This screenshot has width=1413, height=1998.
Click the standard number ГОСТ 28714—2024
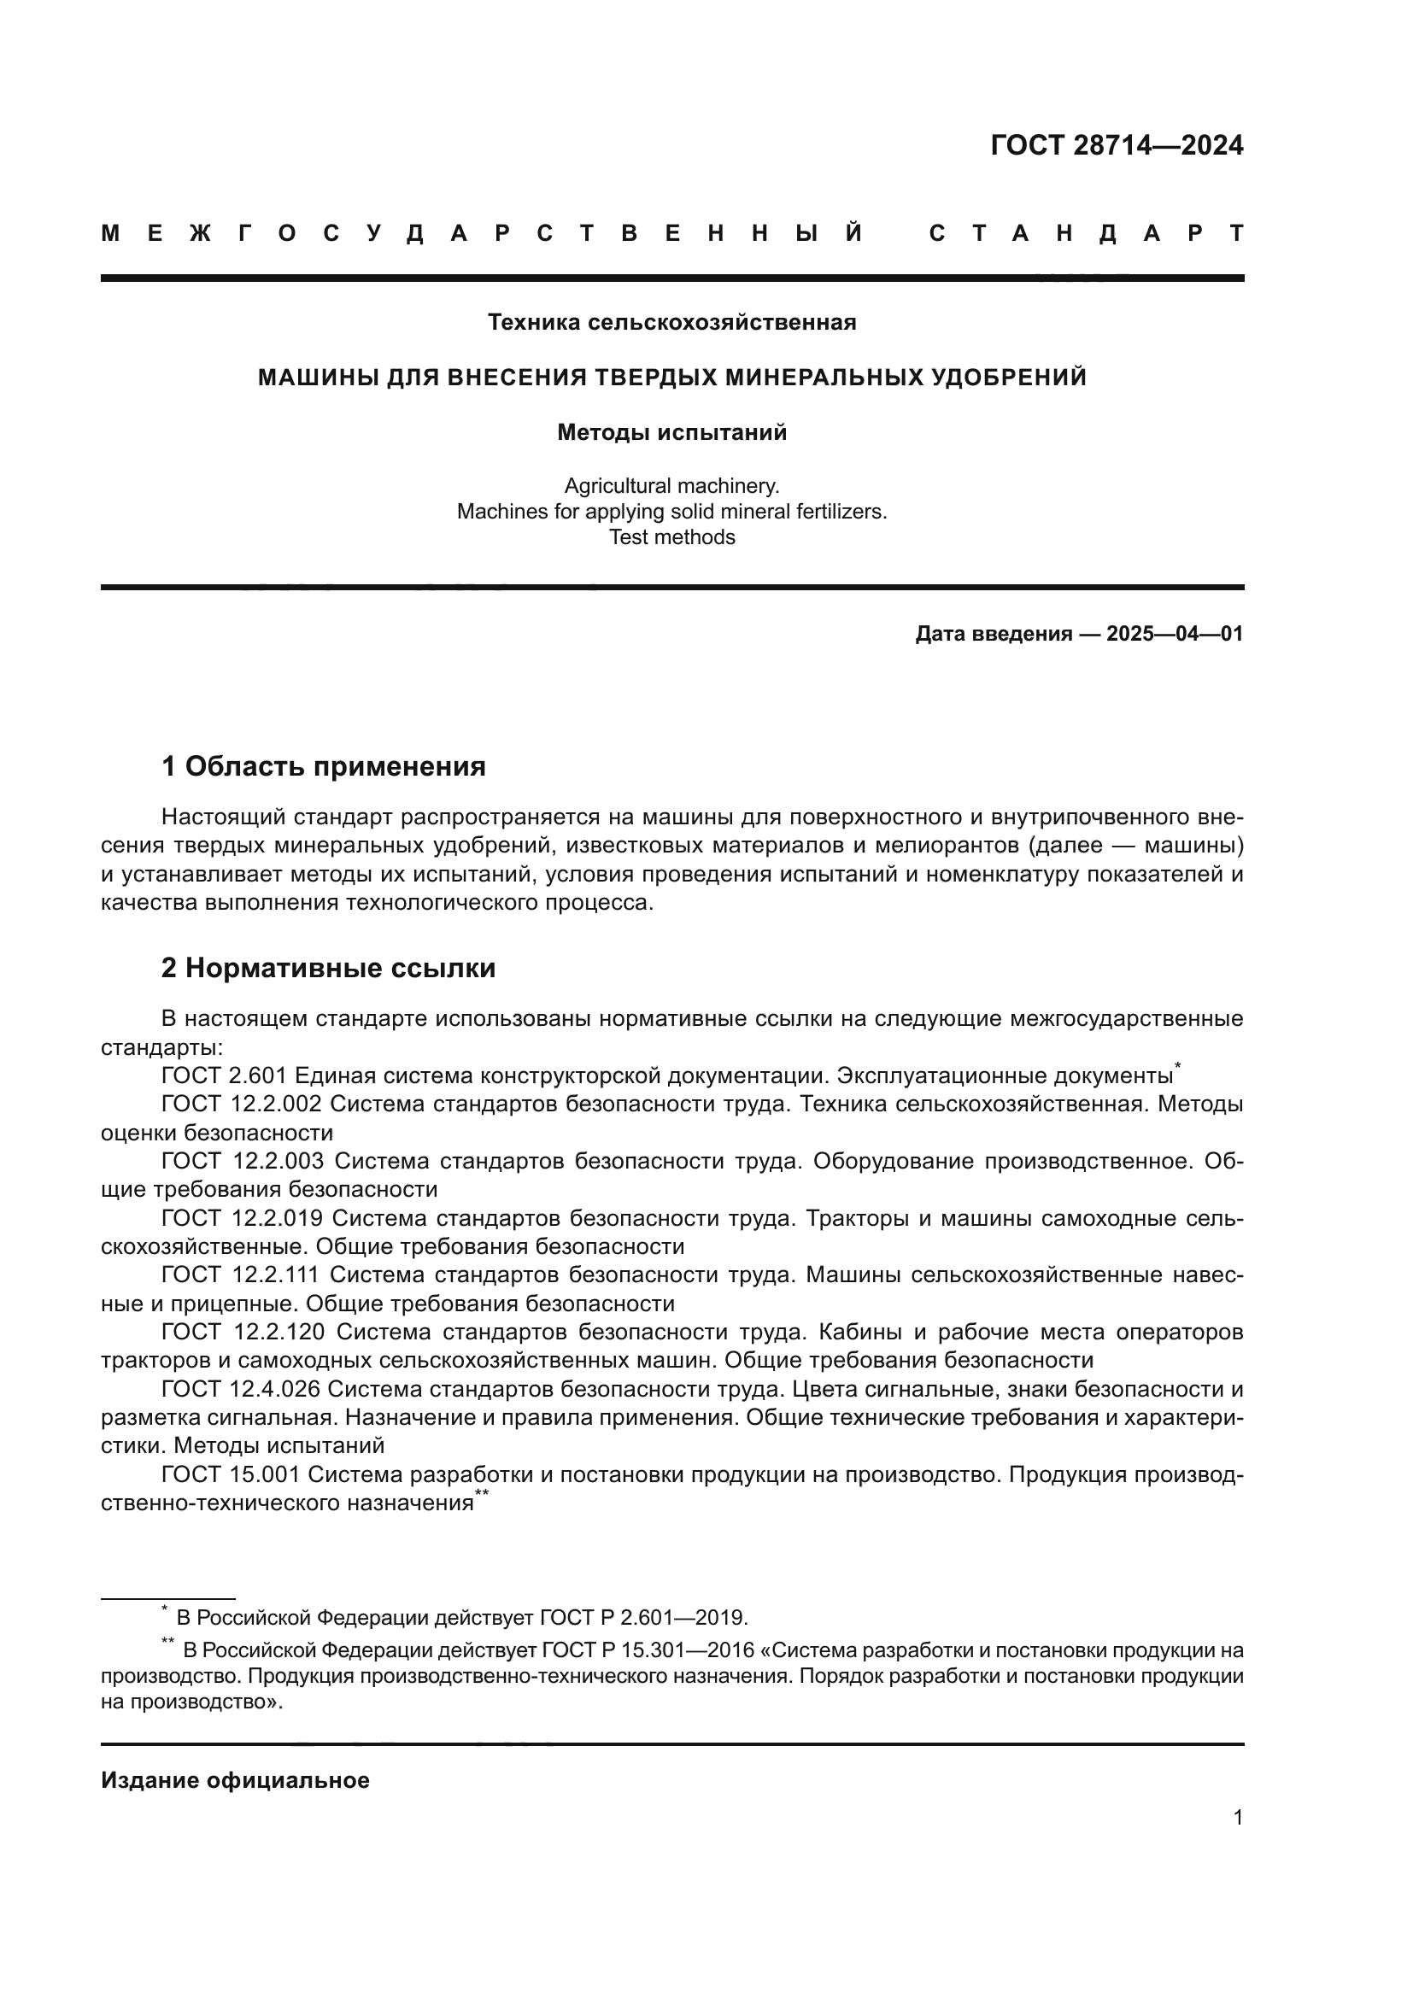1117,145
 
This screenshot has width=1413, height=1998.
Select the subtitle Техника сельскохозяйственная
671,323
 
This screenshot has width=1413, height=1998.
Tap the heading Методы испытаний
671,432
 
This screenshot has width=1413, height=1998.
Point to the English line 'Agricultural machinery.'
671,485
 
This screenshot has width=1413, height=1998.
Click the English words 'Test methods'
671,537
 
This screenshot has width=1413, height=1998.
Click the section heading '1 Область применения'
323,766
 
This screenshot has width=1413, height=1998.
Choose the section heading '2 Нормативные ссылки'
328,968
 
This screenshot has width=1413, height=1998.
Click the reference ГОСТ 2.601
225,1075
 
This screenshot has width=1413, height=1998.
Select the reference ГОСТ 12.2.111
241,1274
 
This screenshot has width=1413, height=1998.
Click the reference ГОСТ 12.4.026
241,1389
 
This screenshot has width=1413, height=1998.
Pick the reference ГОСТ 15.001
231,1475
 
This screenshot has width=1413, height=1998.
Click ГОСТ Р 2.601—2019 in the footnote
642,1618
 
